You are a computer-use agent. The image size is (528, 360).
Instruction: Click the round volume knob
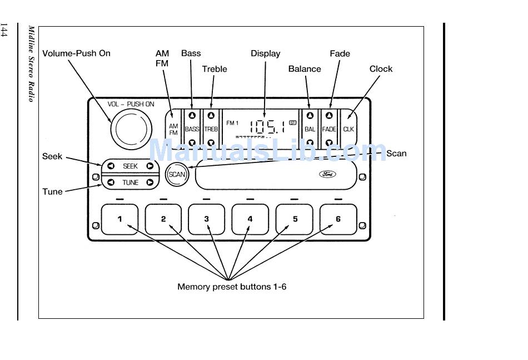tap(131, 129)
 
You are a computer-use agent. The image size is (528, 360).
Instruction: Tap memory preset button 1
tap(119, 219)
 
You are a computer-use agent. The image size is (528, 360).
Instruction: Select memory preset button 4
tap(250, 219)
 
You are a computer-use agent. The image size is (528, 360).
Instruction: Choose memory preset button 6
tap(338, 219)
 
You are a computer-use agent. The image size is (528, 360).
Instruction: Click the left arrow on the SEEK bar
tap(111, 166)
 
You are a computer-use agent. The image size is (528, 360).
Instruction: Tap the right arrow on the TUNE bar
tap(150, 183)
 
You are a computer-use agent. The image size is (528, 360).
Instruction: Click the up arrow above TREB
tap(211, 116)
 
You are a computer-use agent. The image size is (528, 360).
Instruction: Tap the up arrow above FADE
tap(330, 116)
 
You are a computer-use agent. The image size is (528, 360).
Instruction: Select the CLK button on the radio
tap(348, 129)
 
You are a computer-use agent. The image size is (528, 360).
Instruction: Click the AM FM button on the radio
tap(173, 129)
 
